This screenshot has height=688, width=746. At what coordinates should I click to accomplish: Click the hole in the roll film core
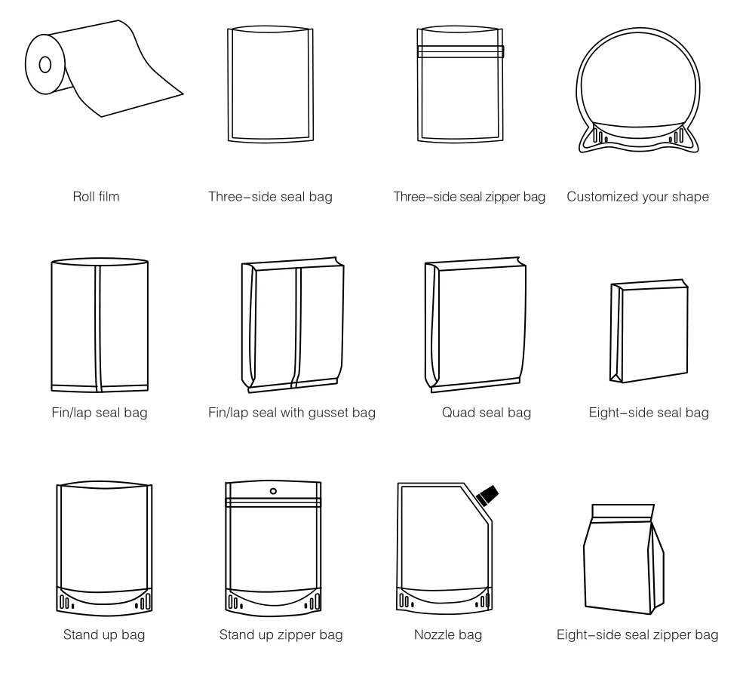(x=45, y=64)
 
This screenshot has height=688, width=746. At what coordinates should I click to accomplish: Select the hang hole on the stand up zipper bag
(x=273, y=491)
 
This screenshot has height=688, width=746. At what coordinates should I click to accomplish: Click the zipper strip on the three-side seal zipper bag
(x=461, y=51)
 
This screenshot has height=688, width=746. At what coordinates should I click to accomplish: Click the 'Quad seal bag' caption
(x=487, y=413)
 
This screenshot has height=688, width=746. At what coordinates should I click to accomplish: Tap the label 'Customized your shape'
(x=637, y=197)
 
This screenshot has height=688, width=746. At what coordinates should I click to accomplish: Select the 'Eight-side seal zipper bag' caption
(x=637, y=634)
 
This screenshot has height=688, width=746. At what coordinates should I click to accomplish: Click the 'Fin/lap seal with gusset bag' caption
(x=292, y=413)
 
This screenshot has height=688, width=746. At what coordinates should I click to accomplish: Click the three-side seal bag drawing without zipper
(x=270, y=84)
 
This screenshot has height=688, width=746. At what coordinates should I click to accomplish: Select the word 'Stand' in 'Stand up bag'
(x=78, y=634)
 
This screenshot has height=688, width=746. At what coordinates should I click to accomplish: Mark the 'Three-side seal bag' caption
(x=270, y=197)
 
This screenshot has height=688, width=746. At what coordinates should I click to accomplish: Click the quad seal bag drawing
(x=474, y=324)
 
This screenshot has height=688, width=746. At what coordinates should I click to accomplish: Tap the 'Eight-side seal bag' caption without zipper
(x=649, y=413)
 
